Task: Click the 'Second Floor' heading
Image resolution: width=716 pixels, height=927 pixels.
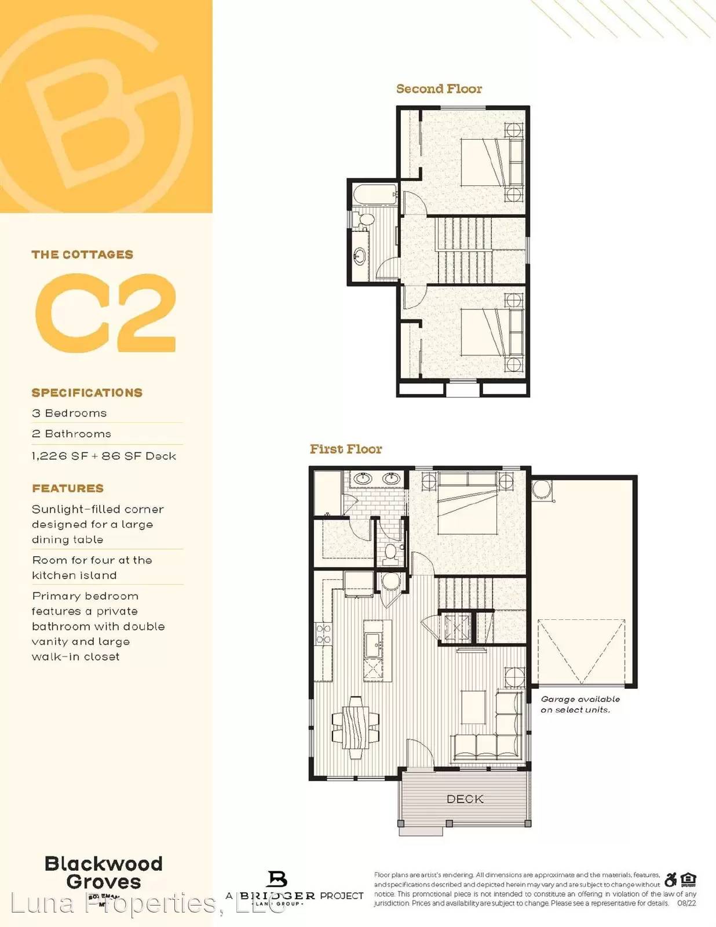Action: click(x=439, y=89)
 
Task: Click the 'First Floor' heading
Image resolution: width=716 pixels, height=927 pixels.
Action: click(x=346, y=449)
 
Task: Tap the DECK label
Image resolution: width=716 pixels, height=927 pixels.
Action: click(x=465, y=799)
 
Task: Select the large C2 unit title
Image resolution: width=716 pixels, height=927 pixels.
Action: click(x=105, y=312)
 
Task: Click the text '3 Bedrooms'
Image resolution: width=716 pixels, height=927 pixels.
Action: click(x=70, y=413)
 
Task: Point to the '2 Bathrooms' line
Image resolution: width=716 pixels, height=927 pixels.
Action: click(x=72, y=434)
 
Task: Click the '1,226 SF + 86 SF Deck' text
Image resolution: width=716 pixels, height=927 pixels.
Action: click(x=104, y=456)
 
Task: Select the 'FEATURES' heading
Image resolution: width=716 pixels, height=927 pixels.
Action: click(x=68, y=488)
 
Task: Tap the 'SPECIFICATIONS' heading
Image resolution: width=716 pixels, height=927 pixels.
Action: click(x=87, y=393)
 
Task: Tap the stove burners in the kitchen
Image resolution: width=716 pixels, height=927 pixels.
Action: click(x=323, y=634)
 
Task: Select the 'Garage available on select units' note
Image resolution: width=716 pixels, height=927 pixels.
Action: click(x=580, y=705)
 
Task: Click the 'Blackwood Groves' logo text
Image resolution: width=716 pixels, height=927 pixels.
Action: click(x=103, y=873)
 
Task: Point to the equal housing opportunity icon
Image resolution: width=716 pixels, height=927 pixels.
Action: click(x=689, y=880)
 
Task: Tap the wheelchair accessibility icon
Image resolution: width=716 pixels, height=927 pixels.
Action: click(x=671, y=880)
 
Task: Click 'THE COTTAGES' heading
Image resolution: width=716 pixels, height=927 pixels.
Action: click(x=82, y=254)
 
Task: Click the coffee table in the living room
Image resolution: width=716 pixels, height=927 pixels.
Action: click(x=473, y=707)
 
